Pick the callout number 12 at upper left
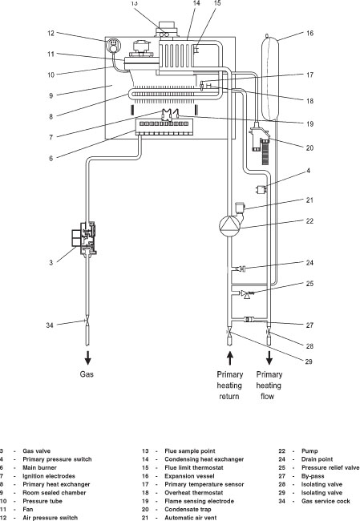point(51,34)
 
